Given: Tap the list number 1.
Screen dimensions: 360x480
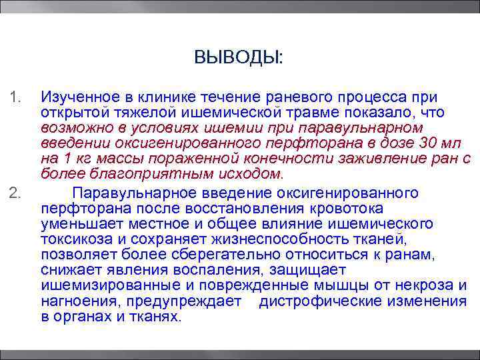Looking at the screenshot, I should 16,99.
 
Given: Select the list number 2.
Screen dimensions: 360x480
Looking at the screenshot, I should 17,193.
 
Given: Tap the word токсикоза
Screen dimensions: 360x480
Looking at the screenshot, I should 73,239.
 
